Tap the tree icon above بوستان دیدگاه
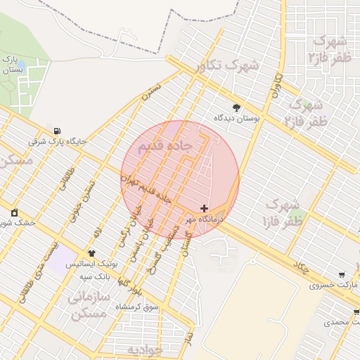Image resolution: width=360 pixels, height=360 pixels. click(236, 108)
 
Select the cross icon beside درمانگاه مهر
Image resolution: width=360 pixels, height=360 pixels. click(204, 208)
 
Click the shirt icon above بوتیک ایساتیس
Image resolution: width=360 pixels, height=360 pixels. click(91, 252)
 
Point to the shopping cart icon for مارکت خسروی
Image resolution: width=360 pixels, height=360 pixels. click(342, 275)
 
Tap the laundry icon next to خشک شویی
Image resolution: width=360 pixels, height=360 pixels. click(14, 212)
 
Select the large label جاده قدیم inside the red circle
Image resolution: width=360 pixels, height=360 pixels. click(166, 146)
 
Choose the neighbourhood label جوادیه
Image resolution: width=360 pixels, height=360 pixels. click(145, 349)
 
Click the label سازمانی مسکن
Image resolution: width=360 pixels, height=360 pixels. click(89, 307)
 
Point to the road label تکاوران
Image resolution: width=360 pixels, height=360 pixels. click(275, 84)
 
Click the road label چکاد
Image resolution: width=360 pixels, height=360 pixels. click(302, 269)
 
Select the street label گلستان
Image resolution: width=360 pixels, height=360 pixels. click(186, 243)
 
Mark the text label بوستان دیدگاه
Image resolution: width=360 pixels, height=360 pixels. click(238, 120)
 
